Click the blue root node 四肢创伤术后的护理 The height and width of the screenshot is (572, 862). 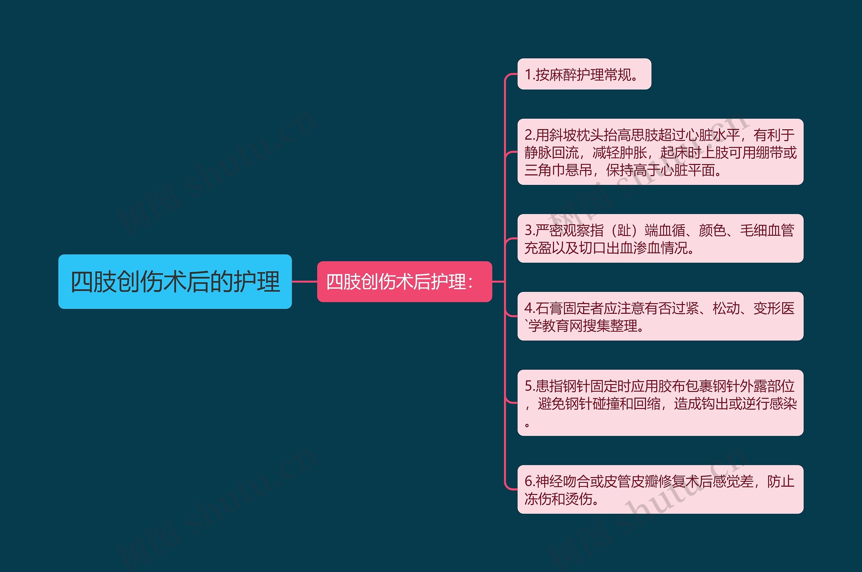click(x=175, y=281)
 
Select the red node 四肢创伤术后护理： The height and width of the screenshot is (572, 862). click(x=404, y=281)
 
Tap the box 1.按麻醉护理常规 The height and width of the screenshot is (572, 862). click(x=584, y=74)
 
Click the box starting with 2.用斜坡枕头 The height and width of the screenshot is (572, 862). click(x=660, y=152)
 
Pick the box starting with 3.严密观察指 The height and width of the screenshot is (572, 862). click(x=660, y=238)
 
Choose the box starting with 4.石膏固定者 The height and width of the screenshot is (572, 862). click(x=660, y=316)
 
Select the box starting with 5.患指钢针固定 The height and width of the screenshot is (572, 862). click(x=660, y=402)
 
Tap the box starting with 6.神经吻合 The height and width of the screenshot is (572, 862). click(x=660, y=489)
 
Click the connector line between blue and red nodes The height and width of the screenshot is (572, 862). click(x=304, y=281)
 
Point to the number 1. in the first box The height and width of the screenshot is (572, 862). click(x=529, y=75)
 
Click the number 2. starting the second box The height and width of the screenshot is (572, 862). click(x=530, y=135)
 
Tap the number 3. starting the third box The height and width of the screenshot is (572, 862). click(x=530, y=231)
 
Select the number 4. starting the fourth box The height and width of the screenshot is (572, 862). click(x=530, y=309)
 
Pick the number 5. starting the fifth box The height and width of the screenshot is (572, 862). click(x=530, y=386)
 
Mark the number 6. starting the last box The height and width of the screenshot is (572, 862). click(x=530, y=481)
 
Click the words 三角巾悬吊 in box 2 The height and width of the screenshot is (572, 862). click(x=558, y=170)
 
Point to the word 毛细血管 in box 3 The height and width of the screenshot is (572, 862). click(x=767, y=231)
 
